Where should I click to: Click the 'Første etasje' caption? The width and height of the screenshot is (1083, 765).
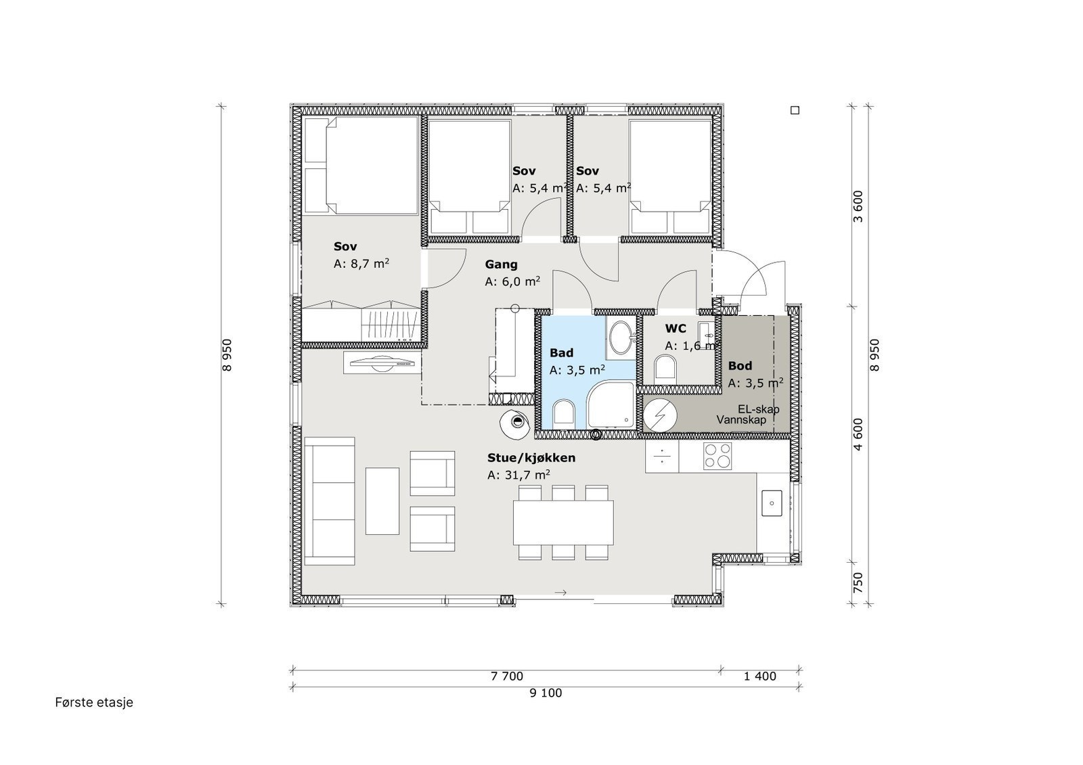[94, 703]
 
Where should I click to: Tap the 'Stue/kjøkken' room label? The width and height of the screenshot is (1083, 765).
[531, 458]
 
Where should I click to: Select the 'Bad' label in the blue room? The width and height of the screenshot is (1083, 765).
[561, 353]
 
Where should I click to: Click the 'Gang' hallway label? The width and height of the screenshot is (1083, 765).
[501, 264]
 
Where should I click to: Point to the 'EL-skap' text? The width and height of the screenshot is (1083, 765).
[758, 409]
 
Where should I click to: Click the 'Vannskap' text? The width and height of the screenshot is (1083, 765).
[741, 420]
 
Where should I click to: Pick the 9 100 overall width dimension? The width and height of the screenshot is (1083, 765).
[547, 693]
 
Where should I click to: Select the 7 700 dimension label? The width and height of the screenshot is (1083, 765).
[506, 676]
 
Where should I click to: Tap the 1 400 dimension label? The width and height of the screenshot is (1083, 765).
[759, 676]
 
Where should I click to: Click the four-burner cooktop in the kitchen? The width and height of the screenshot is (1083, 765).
[717, 457]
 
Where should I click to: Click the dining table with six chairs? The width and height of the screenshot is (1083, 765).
[563, 523]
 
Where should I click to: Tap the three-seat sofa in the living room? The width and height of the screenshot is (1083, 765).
[330, 501]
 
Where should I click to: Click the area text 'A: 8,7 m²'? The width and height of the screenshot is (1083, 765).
[361, 264]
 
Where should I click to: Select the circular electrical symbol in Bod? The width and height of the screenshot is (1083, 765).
[657, 415]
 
